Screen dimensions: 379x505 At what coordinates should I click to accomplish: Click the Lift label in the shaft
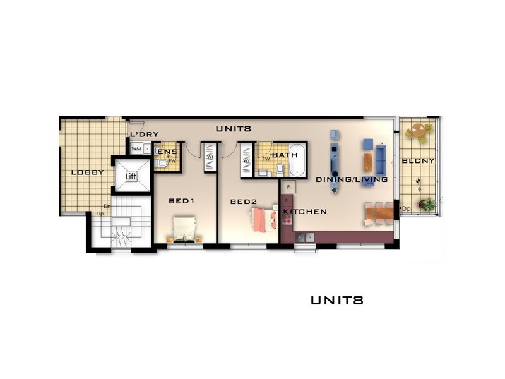[131, 177]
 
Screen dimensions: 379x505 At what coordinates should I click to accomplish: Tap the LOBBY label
[87, 172]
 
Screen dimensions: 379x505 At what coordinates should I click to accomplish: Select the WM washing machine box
[136, 149]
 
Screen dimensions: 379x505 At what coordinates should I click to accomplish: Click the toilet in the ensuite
[162, 163]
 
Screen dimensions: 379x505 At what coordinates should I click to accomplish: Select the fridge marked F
[288, 187]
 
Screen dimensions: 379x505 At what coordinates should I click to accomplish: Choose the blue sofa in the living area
[381, 160]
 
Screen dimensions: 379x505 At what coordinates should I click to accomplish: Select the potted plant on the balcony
[427, 204]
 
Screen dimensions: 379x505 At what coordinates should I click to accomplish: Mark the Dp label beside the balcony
[405, 208]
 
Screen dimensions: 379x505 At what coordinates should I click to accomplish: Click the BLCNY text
[418, 161]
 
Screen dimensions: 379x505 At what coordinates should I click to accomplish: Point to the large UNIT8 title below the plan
[336, 301]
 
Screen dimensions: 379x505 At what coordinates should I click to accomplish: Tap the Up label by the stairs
[100, 214]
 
